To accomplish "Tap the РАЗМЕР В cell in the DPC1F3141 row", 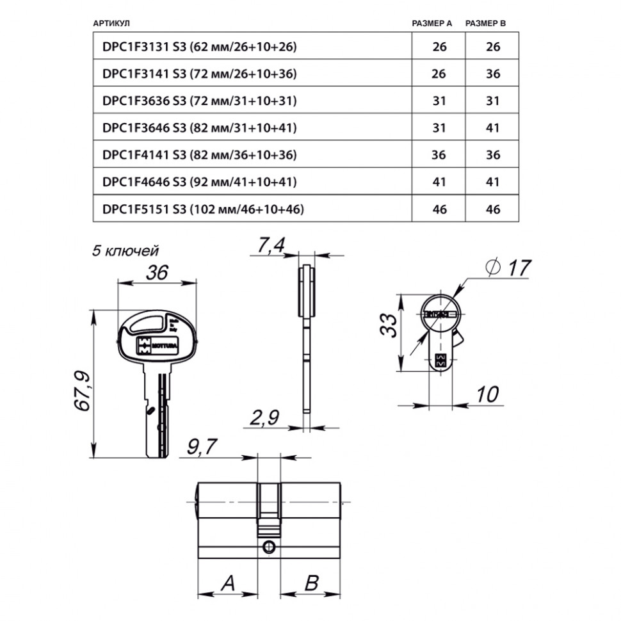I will coord(492,74).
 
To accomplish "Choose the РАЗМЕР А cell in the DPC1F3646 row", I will coord(439,128).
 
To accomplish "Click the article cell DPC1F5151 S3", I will coord(202,209).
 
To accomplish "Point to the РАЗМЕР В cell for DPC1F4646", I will coord(492,182).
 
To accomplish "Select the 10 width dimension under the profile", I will coord(487,394).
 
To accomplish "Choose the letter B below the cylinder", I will coord(311,583).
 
